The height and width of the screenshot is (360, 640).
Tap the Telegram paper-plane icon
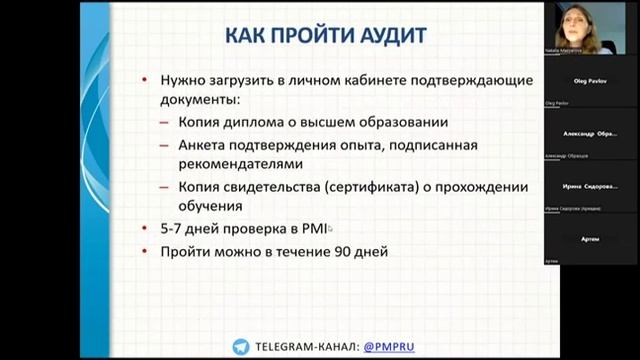point(240,347)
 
